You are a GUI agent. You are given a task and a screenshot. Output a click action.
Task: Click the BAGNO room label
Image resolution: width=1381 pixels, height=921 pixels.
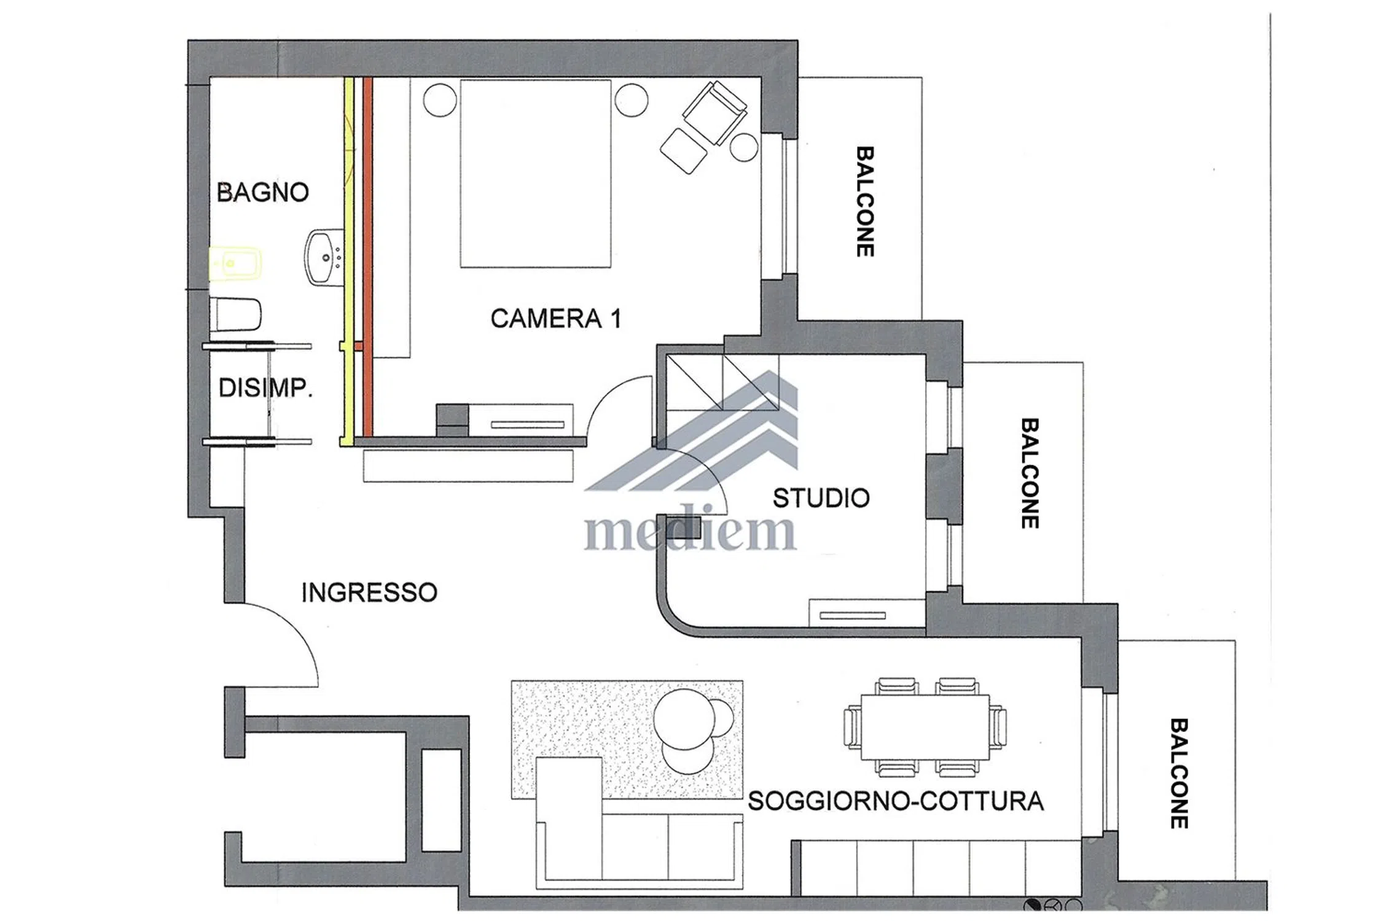(x=262, y=192)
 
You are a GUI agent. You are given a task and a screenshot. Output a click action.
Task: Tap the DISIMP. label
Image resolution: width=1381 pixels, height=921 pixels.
(x=265, y=388)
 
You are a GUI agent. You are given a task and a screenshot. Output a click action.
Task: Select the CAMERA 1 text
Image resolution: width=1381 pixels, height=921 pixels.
(x=556, y=319)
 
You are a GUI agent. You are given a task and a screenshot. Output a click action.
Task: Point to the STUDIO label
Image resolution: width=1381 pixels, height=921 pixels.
(x=821, y=498)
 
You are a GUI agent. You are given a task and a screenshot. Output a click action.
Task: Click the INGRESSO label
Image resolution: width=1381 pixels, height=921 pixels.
(x=369, y=593)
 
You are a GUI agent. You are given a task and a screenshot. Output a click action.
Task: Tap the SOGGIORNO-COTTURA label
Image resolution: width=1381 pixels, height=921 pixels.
(x=896, y=801)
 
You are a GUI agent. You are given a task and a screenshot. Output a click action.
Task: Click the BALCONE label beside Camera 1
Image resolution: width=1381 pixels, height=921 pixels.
(x=865, y=201)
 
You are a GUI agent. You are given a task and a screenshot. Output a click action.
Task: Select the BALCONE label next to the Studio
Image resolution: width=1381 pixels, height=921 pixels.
(x=1030, y=473)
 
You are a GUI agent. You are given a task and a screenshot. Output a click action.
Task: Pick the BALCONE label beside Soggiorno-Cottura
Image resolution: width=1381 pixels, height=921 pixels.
(x=1178, y=774)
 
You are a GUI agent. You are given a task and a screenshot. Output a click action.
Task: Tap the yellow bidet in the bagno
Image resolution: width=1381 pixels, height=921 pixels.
(x=235, y=264)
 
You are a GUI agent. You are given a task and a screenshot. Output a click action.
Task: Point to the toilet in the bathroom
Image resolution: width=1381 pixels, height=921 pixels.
(x=235, y=315)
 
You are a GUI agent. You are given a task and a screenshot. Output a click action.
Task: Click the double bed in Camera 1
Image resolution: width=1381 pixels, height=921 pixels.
(x=535, y=174)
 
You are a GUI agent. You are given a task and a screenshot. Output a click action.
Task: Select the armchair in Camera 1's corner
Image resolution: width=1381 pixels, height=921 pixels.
(x=714, y=113)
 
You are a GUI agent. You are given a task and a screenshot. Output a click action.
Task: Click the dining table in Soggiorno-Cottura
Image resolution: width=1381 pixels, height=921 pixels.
(x=925, y=728)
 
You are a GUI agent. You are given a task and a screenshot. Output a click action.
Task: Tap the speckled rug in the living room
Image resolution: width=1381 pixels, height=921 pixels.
(x=627, y=739)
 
